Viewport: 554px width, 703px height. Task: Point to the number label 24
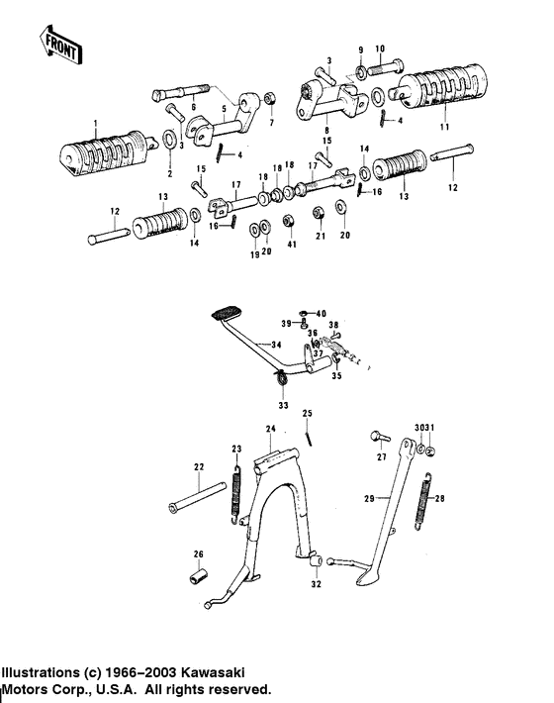coord(269,429)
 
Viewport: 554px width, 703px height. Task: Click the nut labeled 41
coord(291,220)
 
